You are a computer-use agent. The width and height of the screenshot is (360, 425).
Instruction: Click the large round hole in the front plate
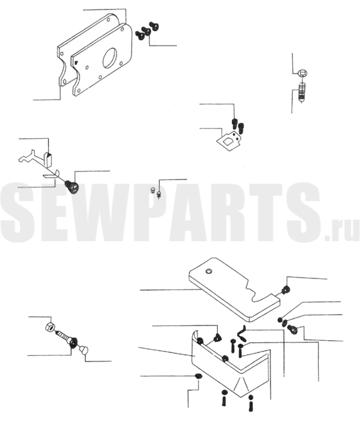[110, 58]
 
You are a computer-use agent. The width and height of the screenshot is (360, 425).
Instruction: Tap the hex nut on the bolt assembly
[50, 327]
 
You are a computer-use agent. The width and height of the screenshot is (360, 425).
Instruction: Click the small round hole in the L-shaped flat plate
[209, 271]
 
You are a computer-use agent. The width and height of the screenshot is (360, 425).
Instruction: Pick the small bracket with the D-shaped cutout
[229, 140]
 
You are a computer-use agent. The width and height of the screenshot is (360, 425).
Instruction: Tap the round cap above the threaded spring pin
[302, 73]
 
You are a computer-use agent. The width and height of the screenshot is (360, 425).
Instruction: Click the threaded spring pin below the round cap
[302, 93]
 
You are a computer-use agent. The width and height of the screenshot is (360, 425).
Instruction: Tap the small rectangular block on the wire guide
[47, 159]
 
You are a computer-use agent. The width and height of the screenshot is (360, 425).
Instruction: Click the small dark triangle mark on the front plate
[76, 62]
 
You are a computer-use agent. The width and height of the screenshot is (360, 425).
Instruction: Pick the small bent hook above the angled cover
[241, 334]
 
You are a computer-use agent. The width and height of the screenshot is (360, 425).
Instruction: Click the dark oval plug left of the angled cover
[199, 376]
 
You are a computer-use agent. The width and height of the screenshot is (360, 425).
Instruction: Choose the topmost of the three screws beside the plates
[154, 26]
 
